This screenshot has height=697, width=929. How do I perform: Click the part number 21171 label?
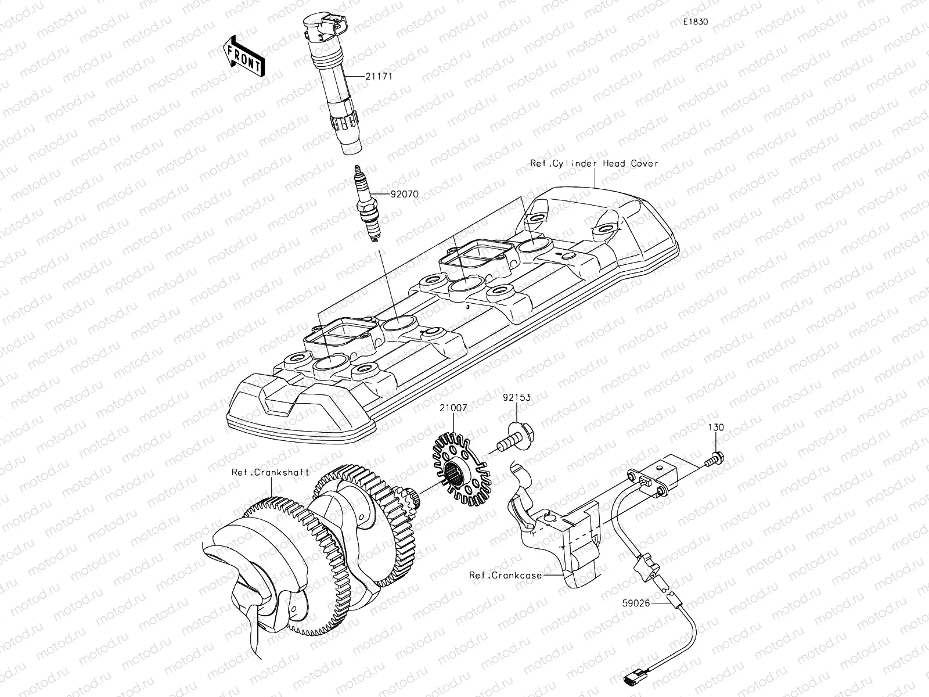coord(379,76)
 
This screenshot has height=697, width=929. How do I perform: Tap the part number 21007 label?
coord(452,408)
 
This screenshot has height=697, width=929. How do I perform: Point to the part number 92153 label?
coord(517,398)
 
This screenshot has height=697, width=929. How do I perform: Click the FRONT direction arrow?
coord(244,56)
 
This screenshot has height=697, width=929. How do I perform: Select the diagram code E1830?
coord(695,21)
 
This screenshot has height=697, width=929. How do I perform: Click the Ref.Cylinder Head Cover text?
coord(594,163)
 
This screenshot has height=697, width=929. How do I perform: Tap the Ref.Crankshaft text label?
coord(270,472)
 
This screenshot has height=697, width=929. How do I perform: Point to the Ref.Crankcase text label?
coord(506,575)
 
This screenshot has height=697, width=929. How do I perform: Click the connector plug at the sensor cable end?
coord(635,676)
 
